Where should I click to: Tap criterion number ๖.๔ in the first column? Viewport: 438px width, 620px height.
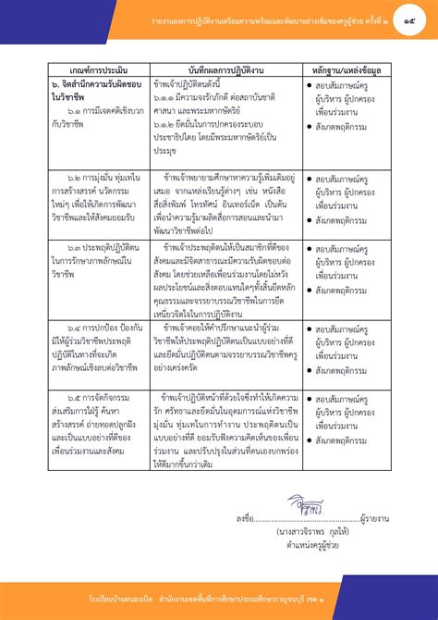[x=68, y=328]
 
